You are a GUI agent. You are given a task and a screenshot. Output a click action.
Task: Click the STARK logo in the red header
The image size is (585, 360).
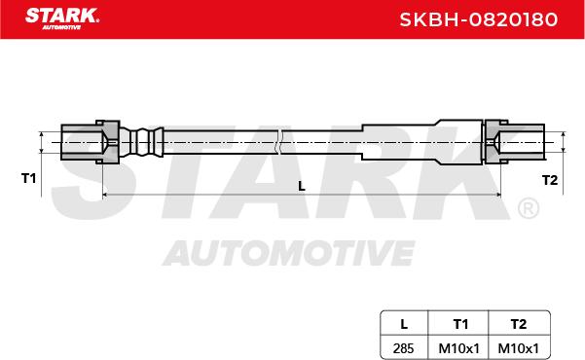(x=62, y=18)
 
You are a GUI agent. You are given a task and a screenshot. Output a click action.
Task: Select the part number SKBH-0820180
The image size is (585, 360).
(x=479, y=19)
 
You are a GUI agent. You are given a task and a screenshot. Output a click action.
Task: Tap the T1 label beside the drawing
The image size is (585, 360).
(x=29, y=178)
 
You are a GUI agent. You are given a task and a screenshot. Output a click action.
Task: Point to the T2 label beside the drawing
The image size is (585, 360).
(x=550, y=180)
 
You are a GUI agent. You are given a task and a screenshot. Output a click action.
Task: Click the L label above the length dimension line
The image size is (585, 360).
(x=302, y=186)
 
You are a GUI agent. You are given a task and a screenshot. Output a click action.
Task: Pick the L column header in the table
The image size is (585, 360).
(x=404, y=324)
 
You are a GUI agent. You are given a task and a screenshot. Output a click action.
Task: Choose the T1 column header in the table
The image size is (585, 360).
(x=460, y=324)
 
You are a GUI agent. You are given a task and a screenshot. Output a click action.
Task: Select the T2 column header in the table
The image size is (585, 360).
(x=519, y=324)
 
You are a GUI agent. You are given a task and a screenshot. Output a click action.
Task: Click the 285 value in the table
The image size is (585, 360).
(x=403, y=348)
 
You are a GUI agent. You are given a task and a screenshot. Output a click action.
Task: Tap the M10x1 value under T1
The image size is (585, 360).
(x=458, y=348)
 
